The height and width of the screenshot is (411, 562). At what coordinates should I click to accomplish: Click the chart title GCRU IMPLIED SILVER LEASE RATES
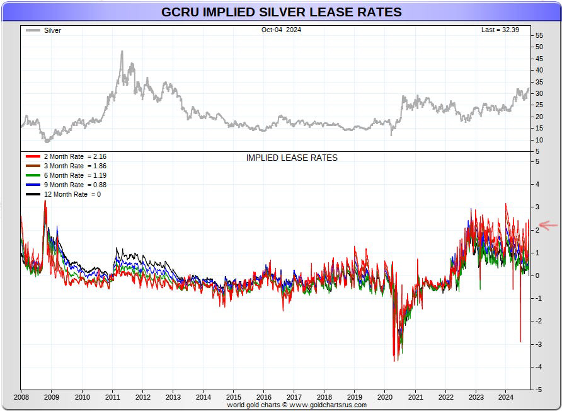click(x=281, y=12)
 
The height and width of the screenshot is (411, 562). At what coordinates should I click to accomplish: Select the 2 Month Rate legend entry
click(x=67, y=156)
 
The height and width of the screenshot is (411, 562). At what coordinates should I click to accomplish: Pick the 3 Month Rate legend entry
click(x=67, y=165)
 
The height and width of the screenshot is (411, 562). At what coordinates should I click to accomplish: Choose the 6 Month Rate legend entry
click(x=67, y=175)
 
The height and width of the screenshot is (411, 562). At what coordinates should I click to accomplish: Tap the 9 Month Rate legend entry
click(x=67, y=185)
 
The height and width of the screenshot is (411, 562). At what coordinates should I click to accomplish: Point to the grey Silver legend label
click(x=52, y=30)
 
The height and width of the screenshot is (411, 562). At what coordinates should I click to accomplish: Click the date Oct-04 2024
click(x=281, y=30)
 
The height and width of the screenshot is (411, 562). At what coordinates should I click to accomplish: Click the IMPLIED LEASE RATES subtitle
click(x=292, y=158)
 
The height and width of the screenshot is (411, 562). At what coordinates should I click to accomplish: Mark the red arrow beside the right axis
click(x=548, y=225)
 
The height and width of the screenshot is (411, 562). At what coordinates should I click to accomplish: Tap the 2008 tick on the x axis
click(x=21, y=397)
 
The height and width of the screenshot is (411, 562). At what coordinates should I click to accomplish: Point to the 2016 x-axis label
click(x=263, y=397)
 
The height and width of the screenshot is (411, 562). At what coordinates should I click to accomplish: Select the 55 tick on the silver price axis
click(x=539, y=36)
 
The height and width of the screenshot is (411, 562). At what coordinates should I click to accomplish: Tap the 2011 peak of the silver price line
click(x=122, y=52)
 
